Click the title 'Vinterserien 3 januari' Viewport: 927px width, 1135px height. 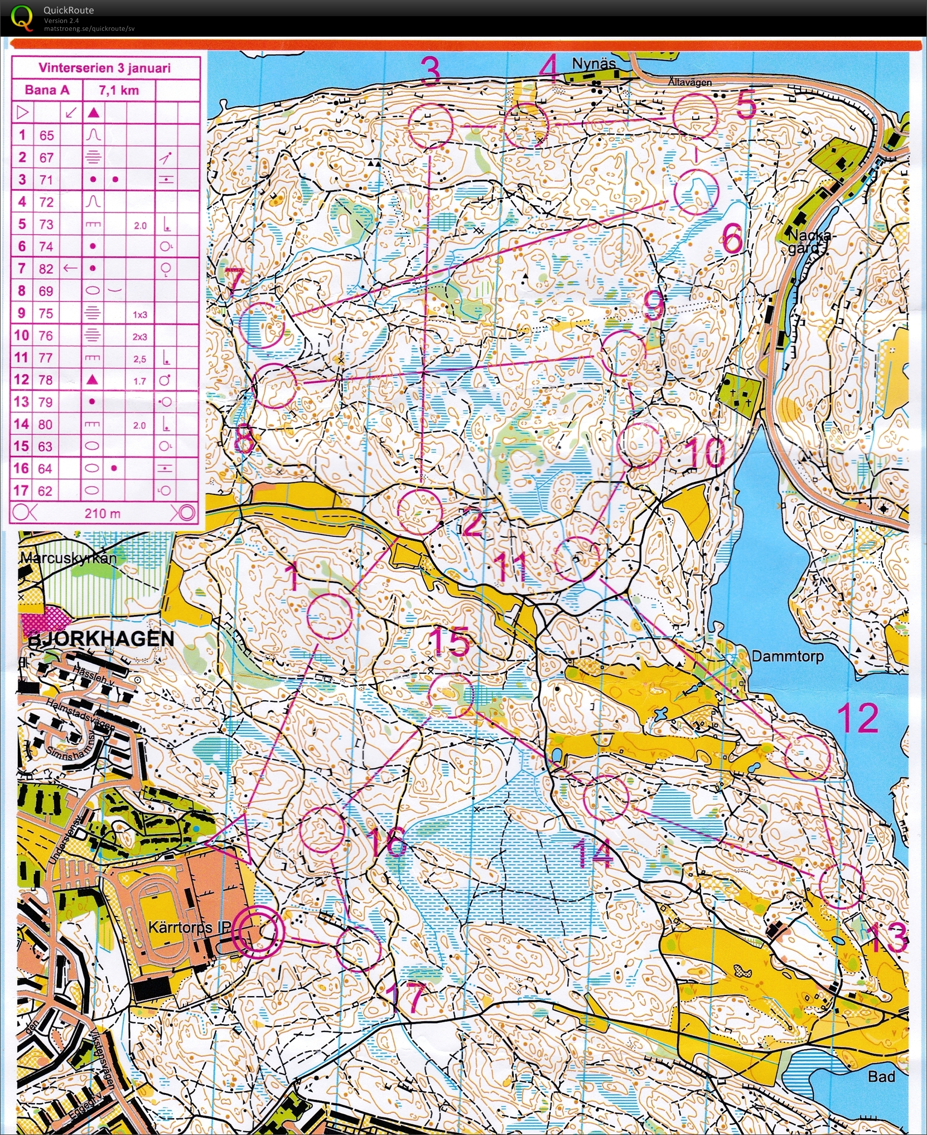coord(104,68)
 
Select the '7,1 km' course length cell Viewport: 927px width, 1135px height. coord(119,90)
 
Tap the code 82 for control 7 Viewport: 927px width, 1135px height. coord(46,269)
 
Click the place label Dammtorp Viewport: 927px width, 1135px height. coord(787,656)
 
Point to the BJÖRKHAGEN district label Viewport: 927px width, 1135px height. coord(101,638)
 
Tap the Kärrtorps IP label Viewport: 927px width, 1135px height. coord(189,928)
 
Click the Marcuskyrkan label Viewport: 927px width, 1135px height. coord(69,558)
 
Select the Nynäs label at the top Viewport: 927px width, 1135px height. coord(593,64)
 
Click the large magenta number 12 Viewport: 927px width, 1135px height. coord(857,718)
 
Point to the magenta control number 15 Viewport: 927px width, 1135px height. coord(450,641)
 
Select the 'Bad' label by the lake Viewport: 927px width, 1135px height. coord(881,1076)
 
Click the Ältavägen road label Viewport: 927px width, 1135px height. coord(689,83)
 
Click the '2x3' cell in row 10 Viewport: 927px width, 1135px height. coord(139,336)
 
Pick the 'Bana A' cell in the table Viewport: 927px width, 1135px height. coord(47,90)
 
